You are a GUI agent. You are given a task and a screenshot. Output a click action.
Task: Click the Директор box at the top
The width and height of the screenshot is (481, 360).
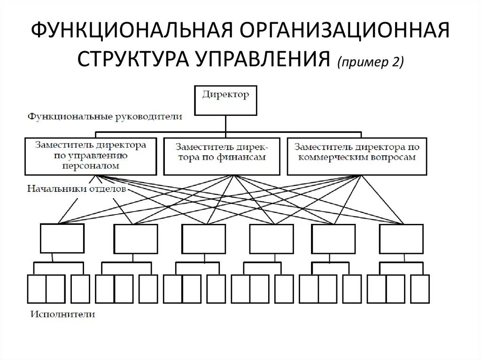(x=225, y=100)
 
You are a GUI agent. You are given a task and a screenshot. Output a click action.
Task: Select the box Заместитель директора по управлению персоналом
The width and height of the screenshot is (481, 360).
(x=90, y=156)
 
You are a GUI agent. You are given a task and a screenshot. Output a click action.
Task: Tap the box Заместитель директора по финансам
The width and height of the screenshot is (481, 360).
(x=222, y=156)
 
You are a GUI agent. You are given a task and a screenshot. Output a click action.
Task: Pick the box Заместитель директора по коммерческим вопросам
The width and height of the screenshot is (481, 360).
(x=357, y=156)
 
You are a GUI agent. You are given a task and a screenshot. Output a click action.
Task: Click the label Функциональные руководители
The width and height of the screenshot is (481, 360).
(x=105, y=116)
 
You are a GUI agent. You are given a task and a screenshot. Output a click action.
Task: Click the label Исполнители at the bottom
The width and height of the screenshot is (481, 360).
(x=63, y=314)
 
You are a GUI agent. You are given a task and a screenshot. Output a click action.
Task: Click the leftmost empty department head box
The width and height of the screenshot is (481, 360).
(x=62, y=238)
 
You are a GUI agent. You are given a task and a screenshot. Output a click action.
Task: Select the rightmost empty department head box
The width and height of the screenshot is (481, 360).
(x=401, y=238)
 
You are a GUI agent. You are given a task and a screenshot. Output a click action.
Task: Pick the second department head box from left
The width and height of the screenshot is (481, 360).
(x=136, y=238)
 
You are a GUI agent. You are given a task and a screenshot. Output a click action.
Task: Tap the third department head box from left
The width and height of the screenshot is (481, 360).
(x=203, y=238)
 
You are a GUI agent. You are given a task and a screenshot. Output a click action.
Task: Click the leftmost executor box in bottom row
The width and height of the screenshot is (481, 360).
(x=37, y=289)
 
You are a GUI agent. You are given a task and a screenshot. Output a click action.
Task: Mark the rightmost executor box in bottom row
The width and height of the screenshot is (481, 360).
(x=420, y=289)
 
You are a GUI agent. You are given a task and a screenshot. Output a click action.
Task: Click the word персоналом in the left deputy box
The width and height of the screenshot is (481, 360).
(x=90, y=166)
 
